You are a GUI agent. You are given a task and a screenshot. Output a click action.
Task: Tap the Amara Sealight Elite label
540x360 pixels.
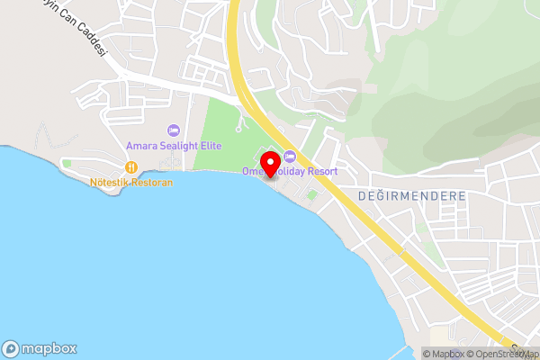[175, 146]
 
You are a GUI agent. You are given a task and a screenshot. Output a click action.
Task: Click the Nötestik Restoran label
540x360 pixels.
[131, 182]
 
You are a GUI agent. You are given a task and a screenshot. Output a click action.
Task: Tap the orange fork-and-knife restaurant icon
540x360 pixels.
[131, 167]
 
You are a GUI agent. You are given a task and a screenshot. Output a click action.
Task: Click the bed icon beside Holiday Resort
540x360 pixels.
[290, 158]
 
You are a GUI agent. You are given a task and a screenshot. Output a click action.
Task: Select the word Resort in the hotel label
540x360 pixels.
[321, 171]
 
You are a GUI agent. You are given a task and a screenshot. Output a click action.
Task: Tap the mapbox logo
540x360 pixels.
[40, 348]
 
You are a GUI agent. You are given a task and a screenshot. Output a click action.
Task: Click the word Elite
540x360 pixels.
[209, 146]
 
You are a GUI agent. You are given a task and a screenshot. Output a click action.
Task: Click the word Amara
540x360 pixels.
[141, 146]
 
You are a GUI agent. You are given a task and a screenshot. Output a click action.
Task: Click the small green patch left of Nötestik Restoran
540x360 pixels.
[67, 164]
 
